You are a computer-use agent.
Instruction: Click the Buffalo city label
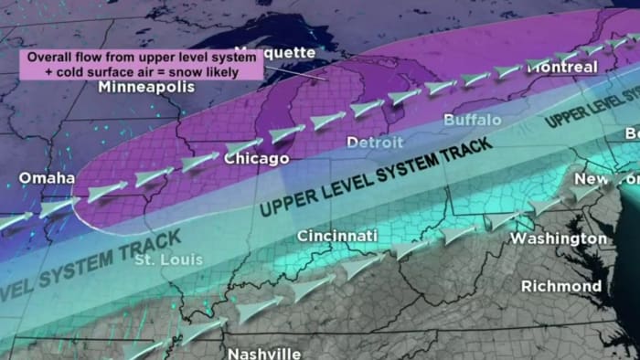pos(472,120)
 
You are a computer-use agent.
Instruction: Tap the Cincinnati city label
pos(336,237)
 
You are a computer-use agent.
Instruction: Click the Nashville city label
pos(263,353)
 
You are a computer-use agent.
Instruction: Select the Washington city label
pos(558,238)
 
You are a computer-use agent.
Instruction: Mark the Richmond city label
pos(560,286)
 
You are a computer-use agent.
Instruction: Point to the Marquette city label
pos(274,52)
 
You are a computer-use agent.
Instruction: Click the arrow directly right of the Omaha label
pos(105,191)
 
